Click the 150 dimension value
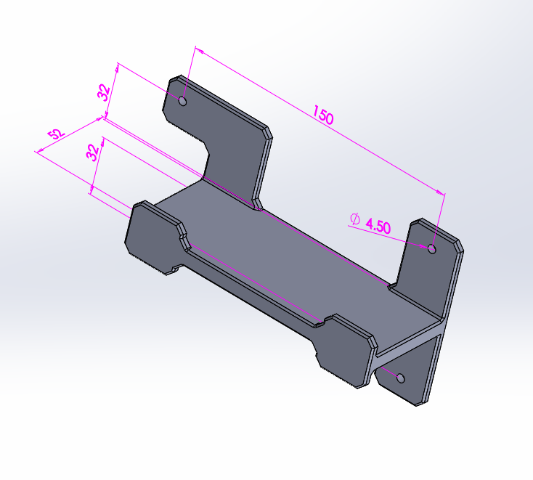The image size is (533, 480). click(323, 115)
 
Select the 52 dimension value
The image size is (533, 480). click(56, 134)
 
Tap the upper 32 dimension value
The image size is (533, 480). click(104, 92)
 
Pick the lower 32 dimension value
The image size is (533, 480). click(92, 152)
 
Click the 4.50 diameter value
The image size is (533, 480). click(378, 226)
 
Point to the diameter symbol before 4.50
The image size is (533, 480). click(355, 219)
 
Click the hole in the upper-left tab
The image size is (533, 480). click(182, 101)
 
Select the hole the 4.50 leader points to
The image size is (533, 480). click(432, 248)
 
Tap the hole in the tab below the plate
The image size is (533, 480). click(401, 378)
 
